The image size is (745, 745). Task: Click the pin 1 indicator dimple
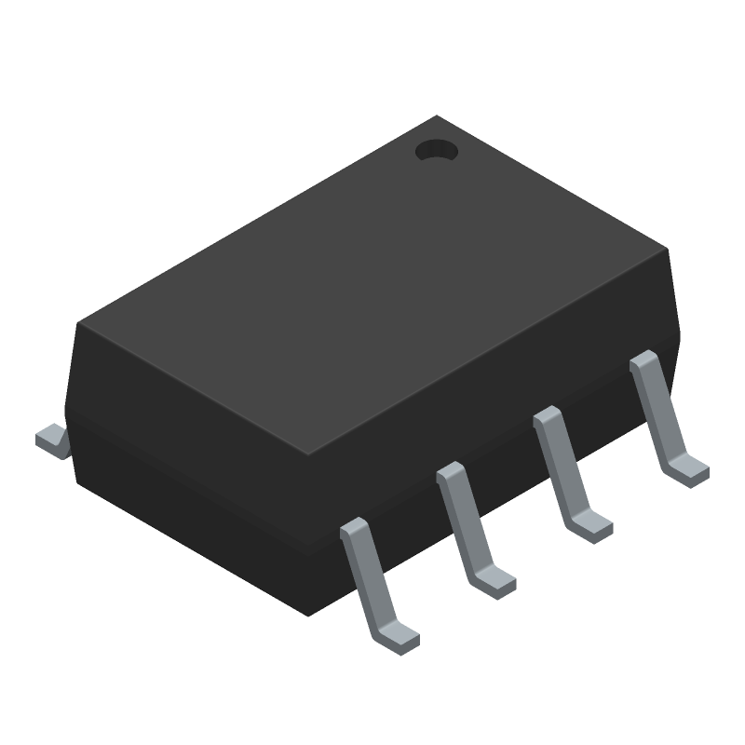pos(436,150)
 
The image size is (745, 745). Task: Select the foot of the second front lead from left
pos(495,583)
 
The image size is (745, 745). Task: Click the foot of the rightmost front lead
pos(689,470)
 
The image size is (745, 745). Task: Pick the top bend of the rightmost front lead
pos(644,361)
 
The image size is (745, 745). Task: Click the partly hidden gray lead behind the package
pos(53,440)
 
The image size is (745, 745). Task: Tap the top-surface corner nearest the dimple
pos(438,117)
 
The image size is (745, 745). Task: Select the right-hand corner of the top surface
pos(667,249)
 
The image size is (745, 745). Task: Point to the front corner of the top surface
pos(307,456)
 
